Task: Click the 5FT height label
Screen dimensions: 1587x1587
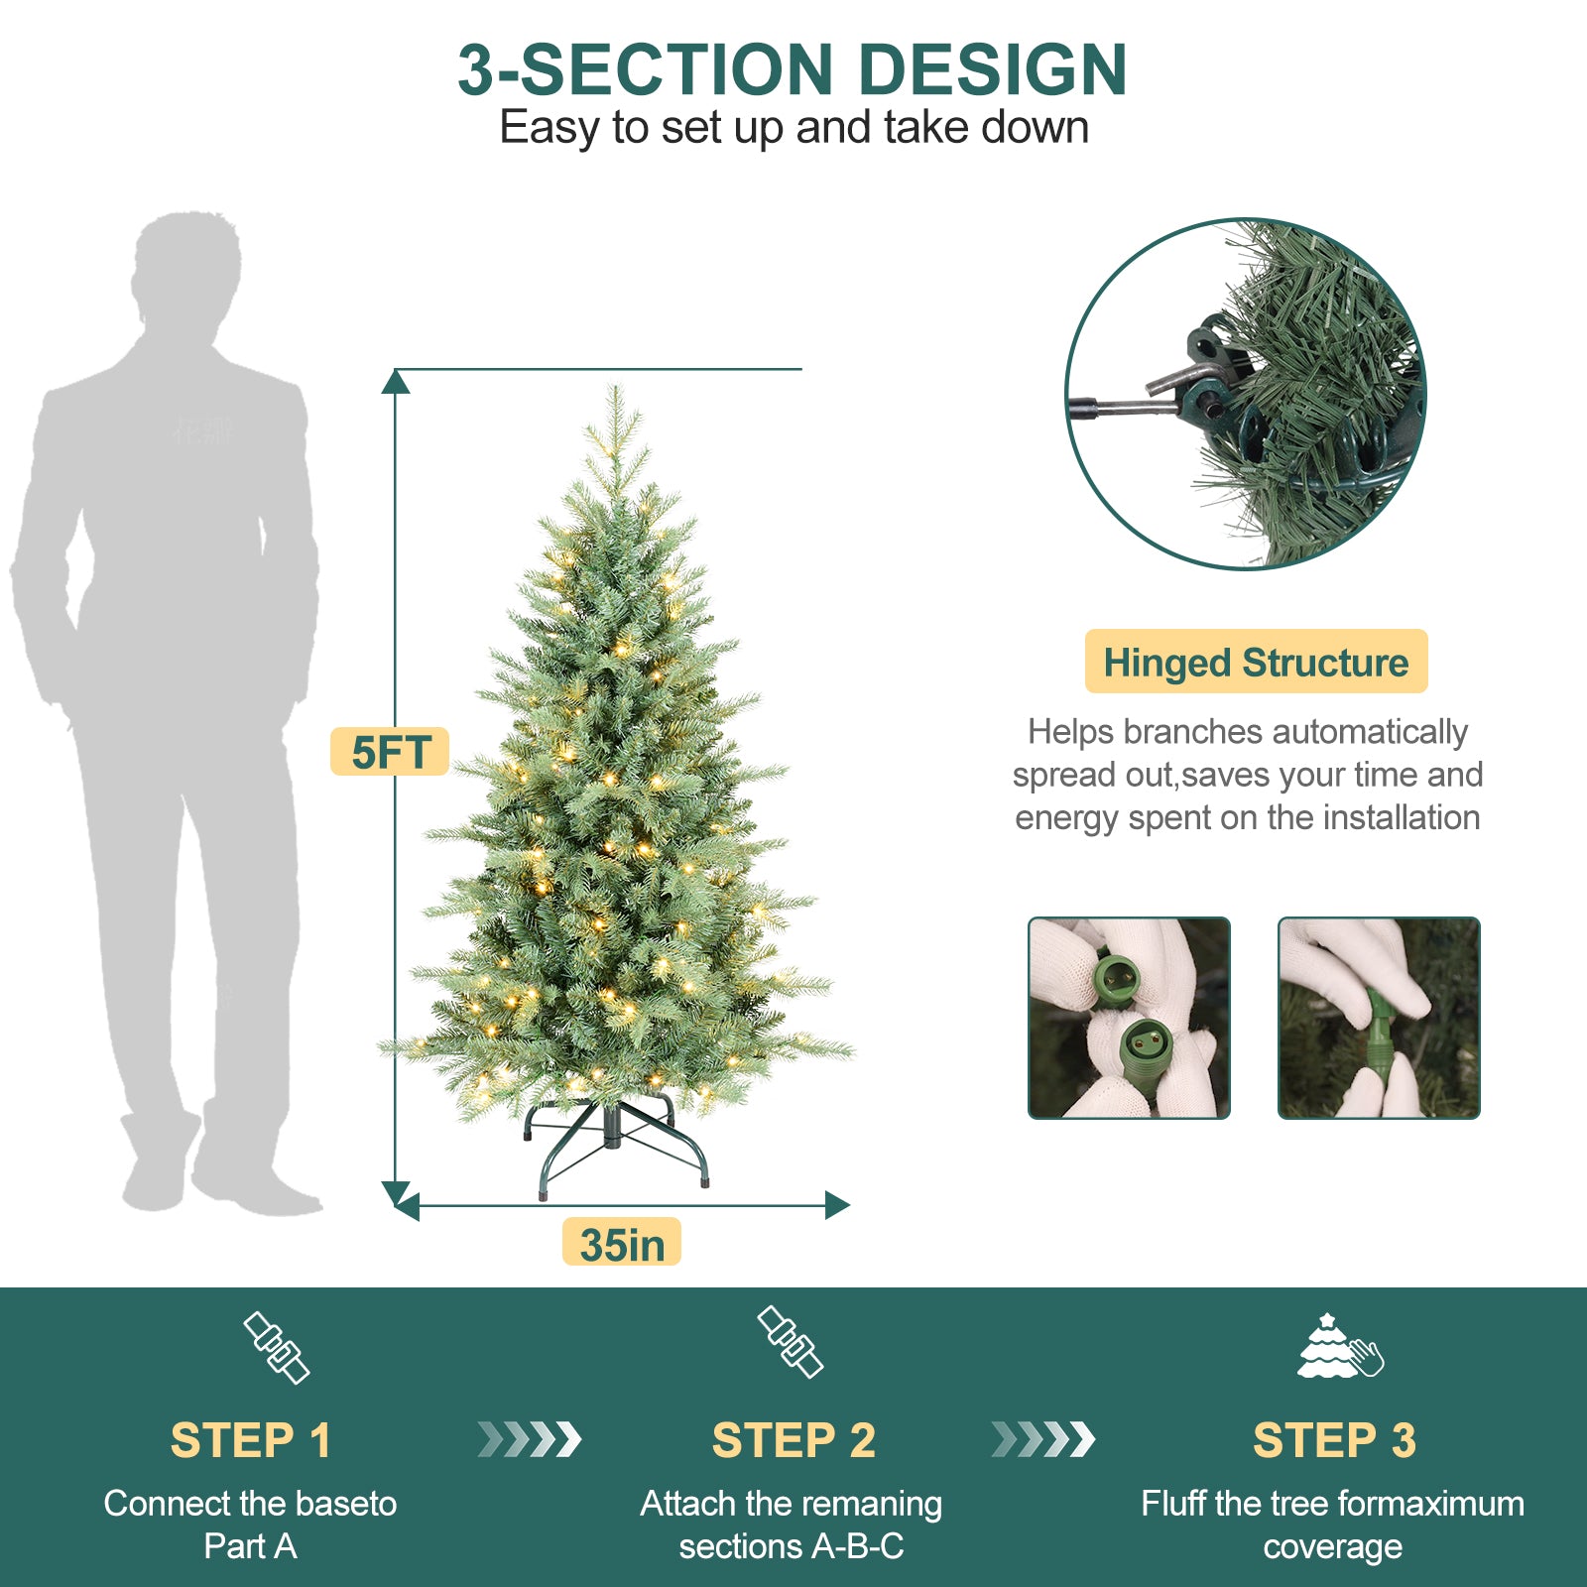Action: coord(390,752)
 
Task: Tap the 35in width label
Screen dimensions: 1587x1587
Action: coord(622,1243)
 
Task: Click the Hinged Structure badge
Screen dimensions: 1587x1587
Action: coord(1256,662)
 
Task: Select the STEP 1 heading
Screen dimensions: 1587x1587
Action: coord(250,1440)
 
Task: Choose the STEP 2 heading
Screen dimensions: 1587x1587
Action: coord(793,1440)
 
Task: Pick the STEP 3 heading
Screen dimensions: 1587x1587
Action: coord(1334,1440)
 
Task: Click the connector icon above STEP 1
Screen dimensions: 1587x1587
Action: coord(277,1348)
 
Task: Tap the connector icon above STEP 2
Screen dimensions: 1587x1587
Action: coord(791,1342)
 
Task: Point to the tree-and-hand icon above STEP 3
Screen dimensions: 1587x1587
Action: coord(1339,1347)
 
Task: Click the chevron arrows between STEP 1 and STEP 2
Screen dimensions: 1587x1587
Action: coord(530,1439)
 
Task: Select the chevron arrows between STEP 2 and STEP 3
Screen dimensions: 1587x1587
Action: coord(1043,1439)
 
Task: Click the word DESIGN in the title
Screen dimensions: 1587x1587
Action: coord(992,70)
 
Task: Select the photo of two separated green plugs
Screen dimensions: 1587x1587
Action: coord(1129,1018)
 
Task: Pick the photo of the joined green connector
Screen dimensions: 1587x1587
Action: coord(1379,1018)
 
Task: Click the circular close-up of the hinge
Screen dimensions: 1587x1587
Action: coord(1246,394)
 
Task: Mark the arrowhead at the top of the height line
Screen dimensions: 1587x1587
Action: coord(396,381)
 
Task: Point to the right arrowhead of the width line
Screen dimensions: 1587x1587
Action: coord(838,1205)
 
